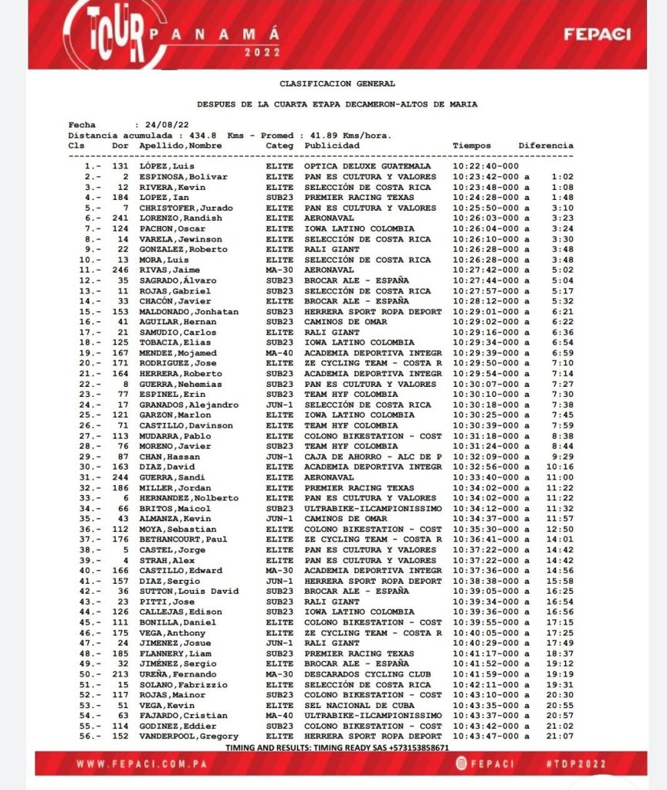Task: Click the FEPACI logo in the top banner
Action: click(x=597, y=34)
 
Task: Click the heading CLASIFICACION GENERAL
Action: click(x=337, y=83)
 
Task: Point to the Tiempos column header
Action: click(x=471, y=145)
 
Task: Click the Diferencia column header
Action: click(x=546, y=145)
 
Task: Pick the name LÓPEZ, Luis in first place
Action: click(x=166, y=166)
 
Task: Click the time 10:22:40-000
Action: click(x=486, y=166)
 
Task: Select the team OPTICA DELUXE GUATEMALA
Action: click(x=367, y=166)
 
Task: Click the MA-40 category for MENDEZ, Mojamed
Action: click(x=279, y=353)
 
